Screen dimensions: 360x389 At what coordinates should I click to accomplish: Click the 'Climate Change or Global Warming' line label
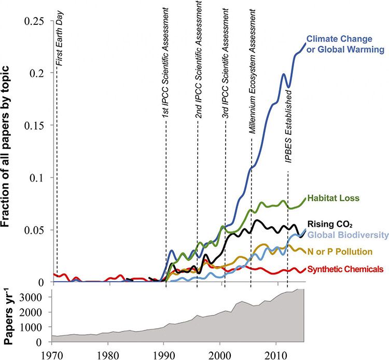[345, 44]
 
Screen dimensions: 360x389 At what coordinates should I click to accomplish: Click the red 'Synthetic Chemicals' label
[345, 269]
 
